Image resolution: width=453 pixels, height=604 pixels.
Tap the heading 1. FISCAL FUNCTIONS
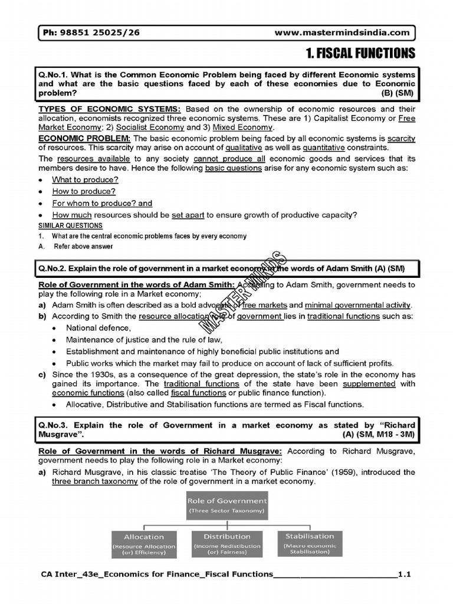pos(360,54)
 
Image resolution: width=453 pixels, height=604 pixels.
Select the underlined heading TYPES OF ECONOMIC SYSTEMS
pos(110,109)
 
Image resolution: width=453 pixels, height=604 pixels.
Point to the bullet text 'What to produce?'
pos(85,179)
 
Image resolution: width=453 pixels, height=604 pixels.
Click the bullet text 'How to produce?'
pos(84,191)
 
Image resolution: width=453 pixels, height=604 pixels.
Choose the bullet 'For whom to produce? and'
pos(102,203)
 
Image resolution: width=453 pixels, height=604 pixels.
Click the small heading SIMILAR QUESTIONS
pos(70,225)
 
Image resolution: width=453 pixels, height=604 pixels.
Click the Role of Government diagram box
pos(226,505)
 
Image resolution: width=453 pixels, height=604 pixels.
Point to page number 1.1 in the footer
pos(404,573)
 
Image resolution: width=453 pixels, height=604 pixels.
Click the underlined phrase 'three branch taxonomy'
pos(94,481)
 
